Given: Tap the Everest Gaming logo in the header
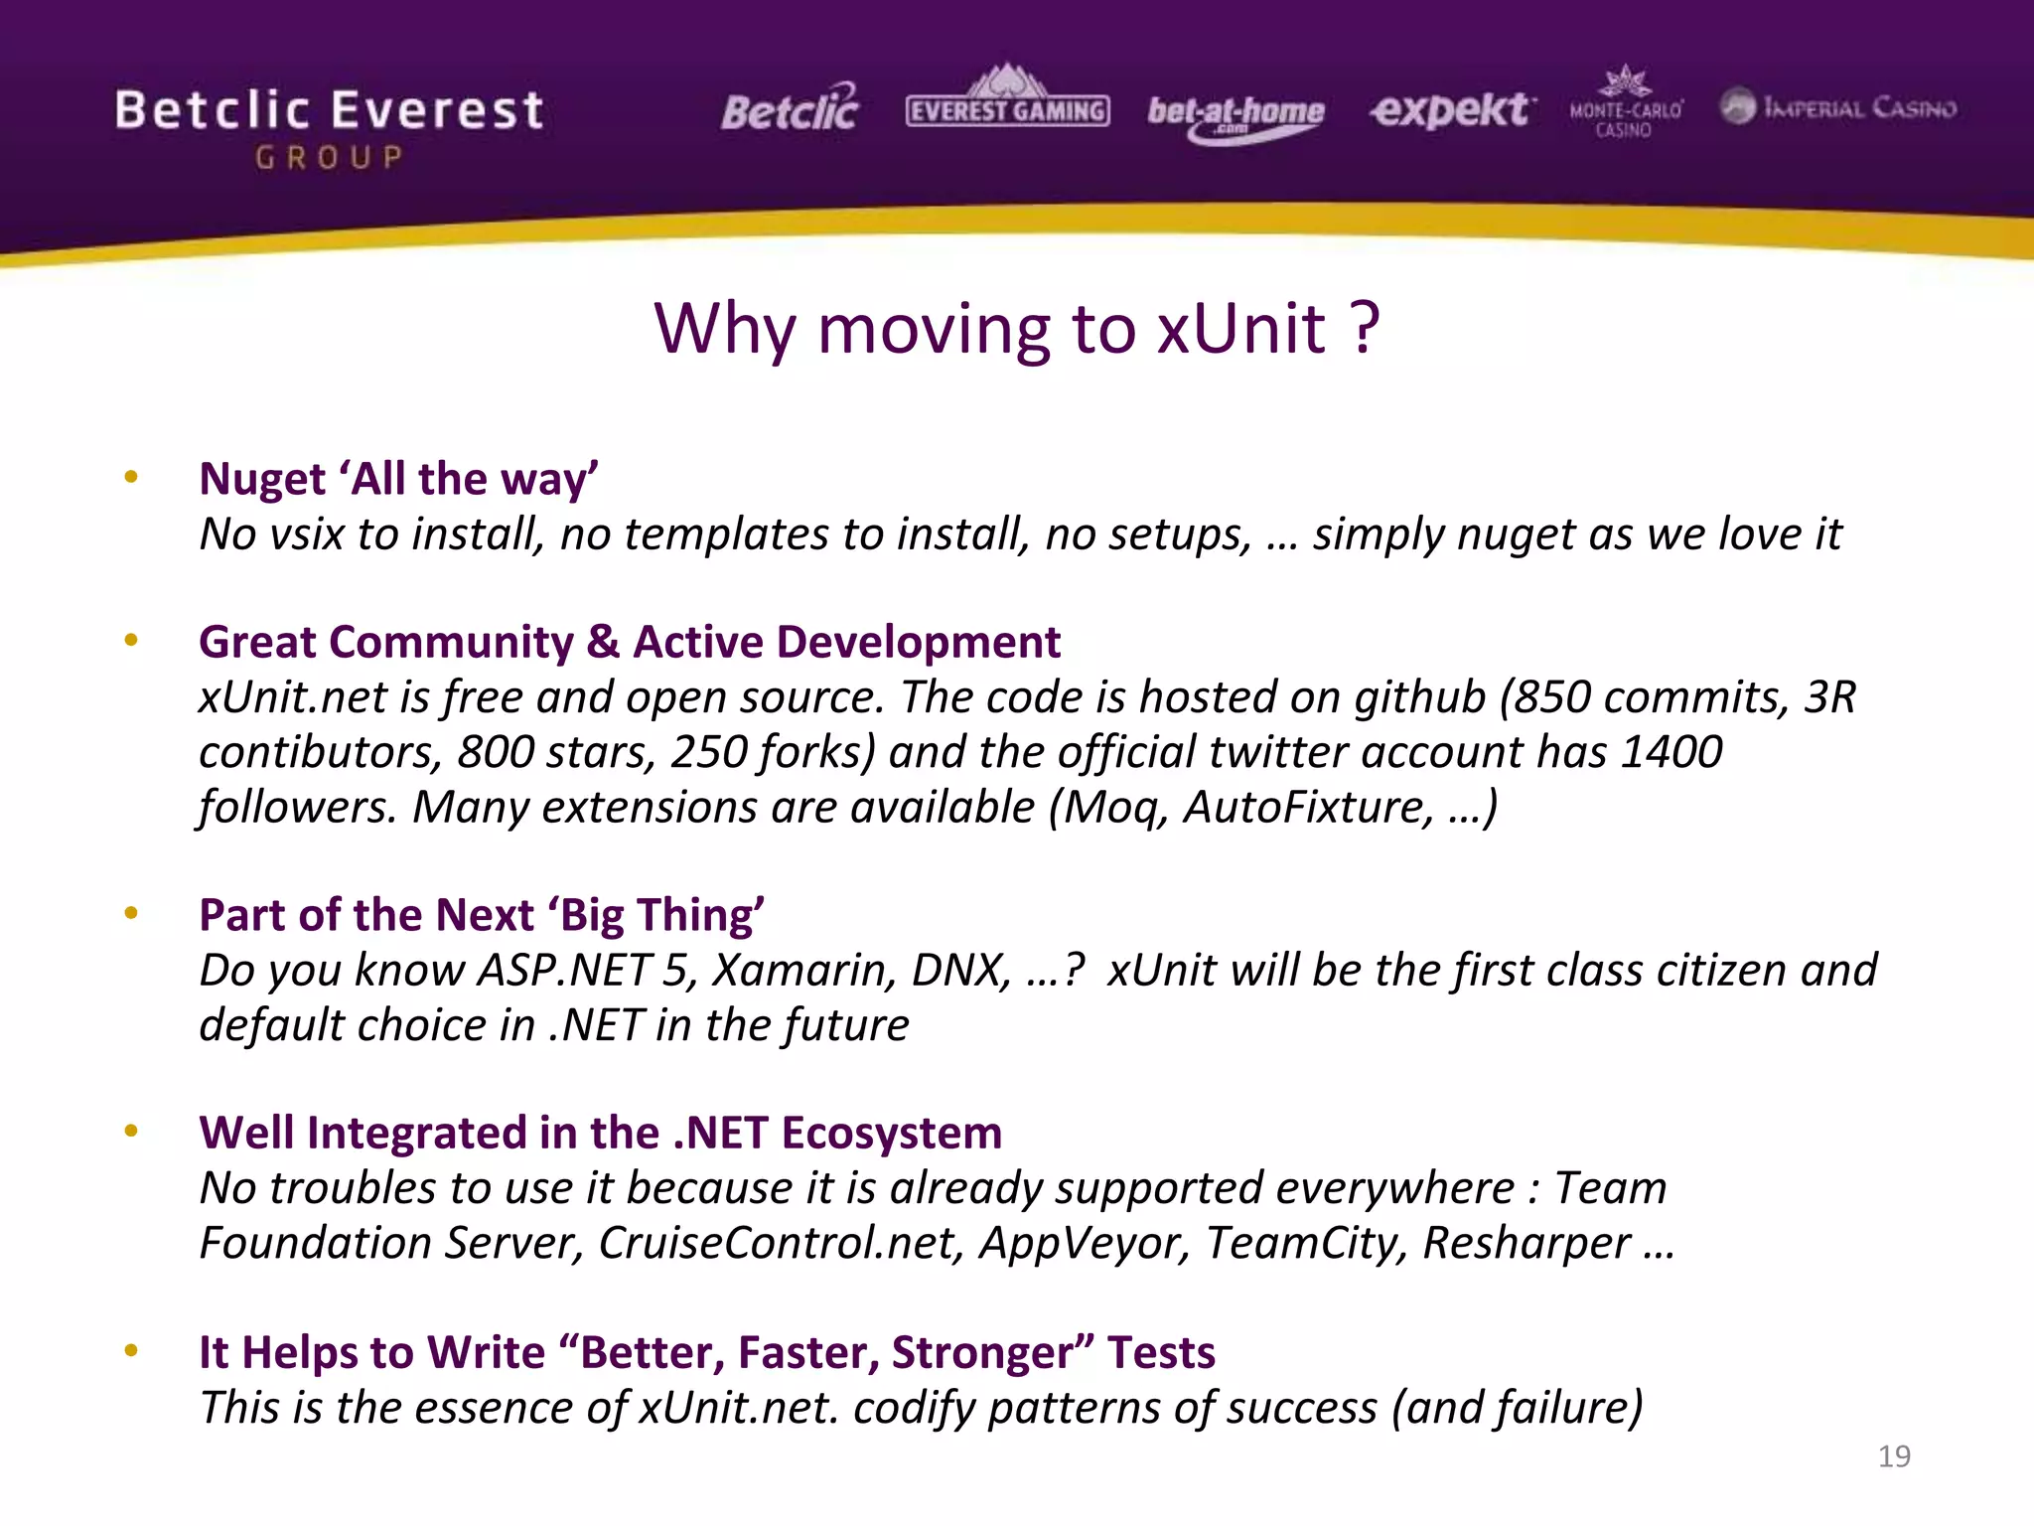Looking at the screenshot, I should [1007, 103].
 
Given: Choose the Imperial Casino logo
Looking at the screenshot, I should [1838, 107].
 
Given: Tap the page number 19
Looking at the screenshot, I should [1894, 1456].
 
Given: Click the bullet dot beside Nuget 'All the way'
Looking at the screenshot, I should [131, 478].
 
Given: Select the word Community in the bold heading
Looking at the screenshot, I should [451, 643].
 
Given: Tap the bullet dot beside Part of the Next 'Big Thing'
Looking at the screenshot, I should [131, 913].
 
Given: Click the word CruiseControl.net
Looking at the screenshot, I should [780, 1244].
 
